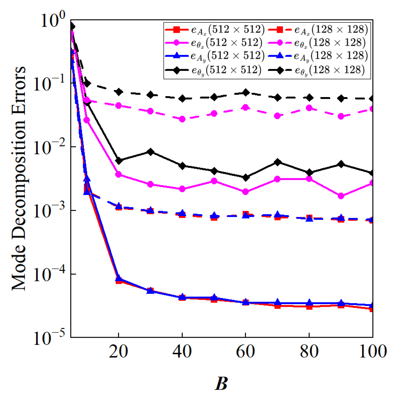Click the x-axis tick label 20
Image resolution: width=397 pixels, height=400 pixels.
[x=118, y=352]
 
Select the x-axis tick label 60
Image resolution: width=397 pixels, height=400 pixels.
[x=245, y=352]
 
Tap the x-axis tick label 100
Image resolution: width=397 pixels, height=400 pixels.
[x=372, y=352]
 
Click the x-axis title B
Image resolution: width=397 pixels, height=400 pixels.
[x=221, y=383]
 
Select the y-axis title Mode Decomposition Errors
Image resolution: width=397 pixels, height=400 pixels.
[x=19, y=178]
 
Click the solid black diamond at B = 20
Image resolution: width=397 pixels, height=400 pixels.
[x=118, y=161]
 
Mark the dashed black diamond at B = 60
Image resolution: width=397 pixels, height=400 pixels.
[x=246, y=92]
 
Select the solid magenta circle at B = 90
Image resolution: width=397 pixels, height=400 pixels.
[x=341, y=196]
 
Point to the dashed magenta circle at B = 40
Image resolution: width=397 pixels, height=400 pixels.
[x=182, y=119]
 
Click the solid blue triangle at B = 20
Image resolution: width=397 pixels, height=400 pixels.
[x=118, y=279]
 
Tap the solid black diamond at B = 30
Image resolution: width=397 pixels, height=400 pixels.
[x=150, y=152]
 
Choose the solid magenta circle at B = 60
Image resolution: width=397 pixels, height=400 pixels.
[x=246, y=192]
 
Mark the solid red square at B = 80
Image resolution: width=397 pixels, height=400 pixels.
[x=309, y=306]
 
